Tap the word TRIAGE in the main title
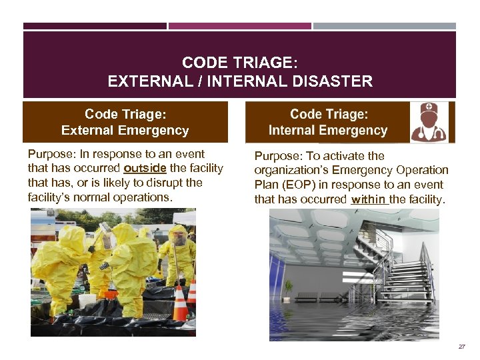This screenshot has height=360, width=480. [x=257, y=63]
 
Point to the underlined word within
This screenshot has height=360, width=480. [x=367, y=199]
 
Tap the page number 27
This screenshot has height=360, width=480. [x=462, y=347]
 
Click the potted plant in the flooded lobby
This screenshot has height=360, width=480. [x=289, y=288]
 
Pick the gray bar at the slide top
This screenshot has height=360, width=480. [x=385, y=26]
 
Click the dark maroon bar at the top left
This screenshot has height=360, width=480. [x=95, y=26]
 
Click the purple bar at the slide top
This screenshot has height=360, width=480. [x=239, y=26]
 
